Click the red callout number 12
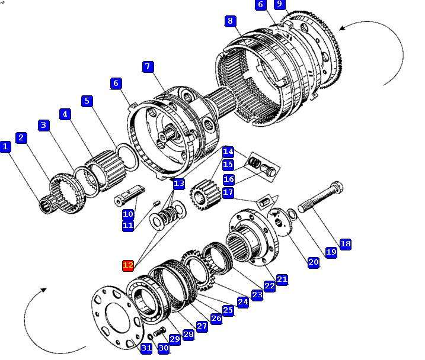coord(128,265)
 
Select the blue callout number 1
coord(6,146)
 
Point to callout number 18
coord(346,243)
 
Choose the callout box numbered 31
coord(146,348)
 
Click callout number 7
coord(148,66)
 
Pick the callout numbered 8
coord(231,21)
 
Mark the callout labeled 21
coord(282,278)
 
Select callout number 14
coord(228,152)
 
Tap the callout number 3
coord(43,125)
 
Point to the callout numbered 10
coord(128,214)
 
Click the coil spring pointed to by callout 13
coord(172,211)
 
